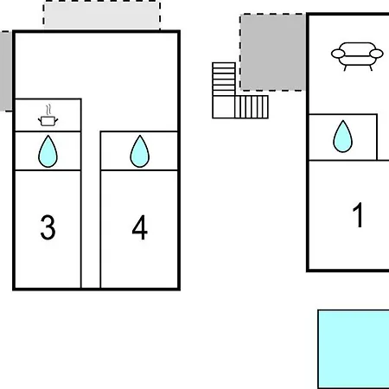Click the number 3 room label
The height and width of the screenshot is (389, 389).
(48, 227)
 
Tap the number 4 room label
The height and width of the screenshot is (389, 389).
(140, 227)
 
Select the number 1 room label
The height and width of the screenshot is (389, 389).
(358, 214)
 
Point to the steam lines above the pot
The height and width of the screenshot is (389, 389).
(48, 110)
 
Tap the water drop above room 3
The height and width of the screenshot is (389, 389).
(48, 151)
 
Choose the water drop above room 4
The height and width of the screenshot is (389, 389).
(140, 151)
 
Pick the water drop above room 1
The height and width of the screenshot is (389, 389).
(342, 137)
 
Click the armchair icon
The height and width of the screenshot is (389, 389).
(357, 56)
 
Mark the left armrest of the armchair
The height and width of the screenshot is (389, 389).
(338, 54)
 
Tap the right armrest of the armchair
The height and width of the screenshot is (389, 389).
(377, 54)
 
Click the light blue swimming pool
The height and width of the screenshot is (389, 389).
(354, 349)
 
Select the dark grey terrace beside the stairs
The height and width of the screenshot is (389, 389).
(273, 52)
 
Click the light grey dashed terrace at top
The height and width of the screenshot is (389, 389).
(102, 15)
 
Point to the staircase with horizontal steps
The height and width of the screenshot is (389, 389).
(224, 80)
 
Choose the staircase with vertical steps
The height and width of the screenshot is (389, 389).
(252, 107)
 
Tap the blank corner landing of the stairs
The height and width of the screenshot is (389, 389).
(224, 107)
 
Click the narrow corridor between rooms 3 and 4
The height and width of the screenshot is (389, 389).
(91, 209)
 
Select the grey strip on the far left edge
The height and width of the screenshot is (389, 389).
(6, 71)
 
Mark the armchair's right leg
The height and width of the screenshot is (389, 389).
(371, 68)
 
